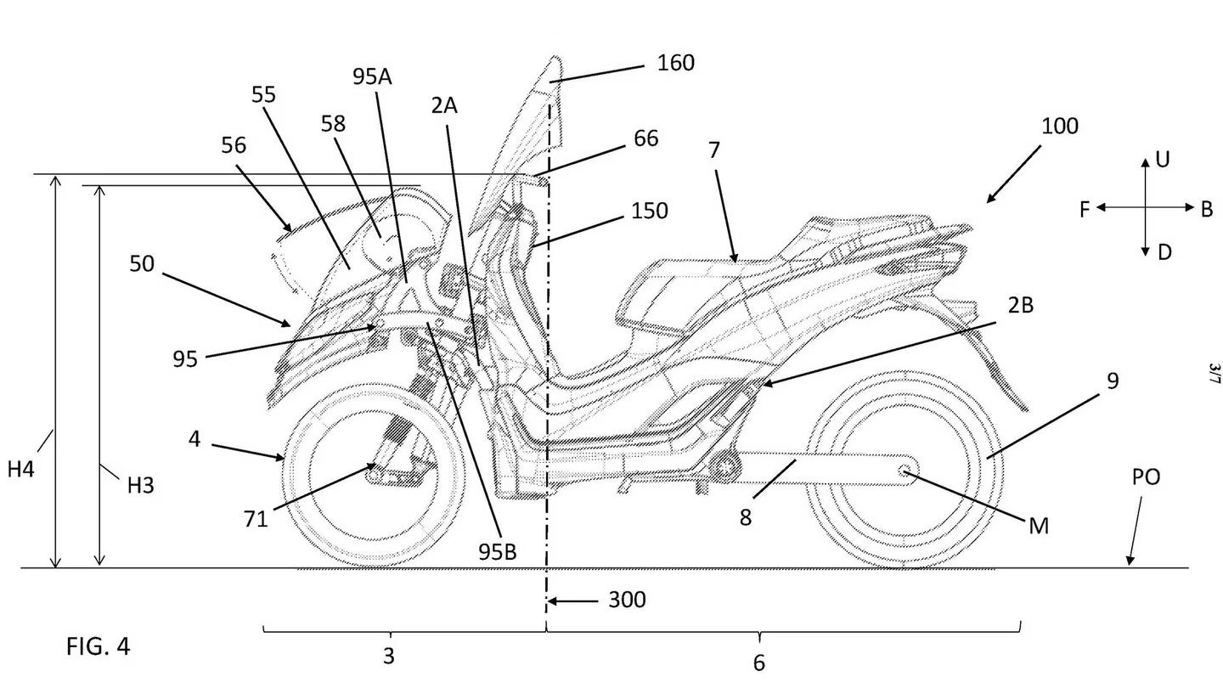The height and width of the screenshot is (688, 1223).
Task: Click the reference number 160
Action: coord(675,63)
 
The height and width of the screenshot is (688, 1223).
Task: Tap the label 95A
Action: coord(373,77)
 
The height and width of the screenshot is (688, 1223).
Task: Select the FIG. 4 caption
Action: coord(99,646)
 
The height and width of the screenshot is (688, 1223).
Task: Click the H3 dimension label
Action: coord(141,486)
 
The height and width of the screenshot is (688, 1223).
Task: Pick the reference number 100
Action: coord(1059,127)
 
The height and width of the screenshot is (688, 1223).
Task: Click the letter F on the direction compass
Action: coord(1085,209)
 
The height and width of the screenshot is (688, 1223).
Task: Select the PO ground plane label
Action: coord(1146,477)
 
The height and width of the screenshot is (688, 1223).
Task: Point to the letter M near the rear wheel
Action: coord(1038,527)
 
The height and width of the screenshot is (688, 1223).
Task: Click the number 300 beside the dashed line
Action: coord(627,601)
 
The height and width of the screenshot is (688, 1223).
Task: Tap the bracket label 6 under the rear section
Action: coord(758,663)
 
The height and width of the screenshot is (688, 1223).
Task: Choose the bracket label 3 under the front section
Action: coord(389,656)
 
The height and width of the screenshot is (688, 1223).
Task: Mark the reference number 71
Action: coord(256,517)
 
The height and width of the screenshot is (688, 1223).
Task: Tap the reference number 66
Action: coord(645,138)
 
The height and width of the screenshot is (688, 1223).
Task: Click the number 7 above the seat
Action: coord(713,151)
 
